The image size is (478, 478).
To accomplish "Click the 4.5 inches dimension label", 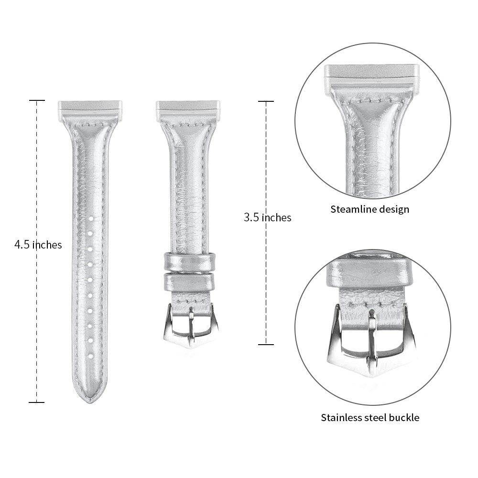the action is coord(38,244).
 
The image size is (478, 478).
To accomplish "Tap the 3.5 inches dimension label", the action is coord(267,217).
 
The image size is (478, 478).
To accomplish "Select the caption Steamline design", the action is coord(370,209).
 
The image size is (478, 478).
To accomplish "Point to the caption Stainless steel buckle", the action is coord(370,417).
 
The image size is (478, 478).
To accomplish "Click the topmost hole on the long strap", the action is coord(90,218).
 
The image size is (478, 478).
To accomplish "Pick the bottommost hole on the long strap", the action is coord(90,356).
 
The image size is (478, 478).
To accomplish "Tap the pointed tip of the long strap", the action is coord(90,403).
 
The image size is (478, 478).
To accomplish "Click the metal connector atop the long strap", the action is coord(90,108).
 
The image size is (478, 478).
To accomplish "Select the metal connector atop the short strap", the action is coord(188,108).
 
